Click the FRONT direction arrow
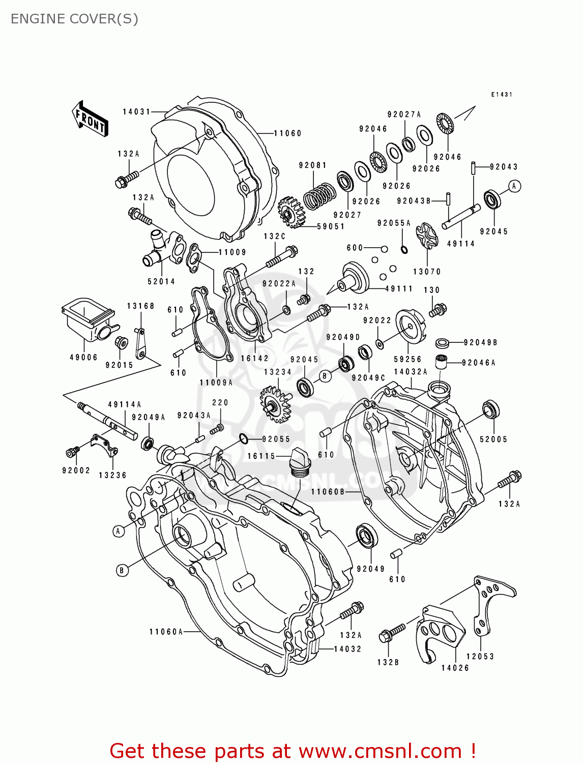click(x=91, y=119)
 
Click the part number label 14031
click(x=136, y=111)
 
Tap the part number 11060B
click(x=328, y=491)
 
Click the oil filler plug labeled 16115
click(x=300, y=462)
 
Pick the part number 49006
click(x=83, y=357)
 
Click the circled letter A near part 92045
click(x=514, y=186)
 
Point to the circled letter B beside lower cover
click(x=122, y=570)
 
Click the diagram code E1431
click(x=502, y=95)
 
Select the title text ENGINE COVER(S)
click(x=74, y=19)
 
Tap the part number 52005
click(x=493, y=439)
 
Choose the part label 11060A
click(x=166, y=631)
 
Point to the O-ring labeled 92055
click(x=244, y=438)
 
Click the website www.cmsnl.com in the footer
click(x=380, y=751)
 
